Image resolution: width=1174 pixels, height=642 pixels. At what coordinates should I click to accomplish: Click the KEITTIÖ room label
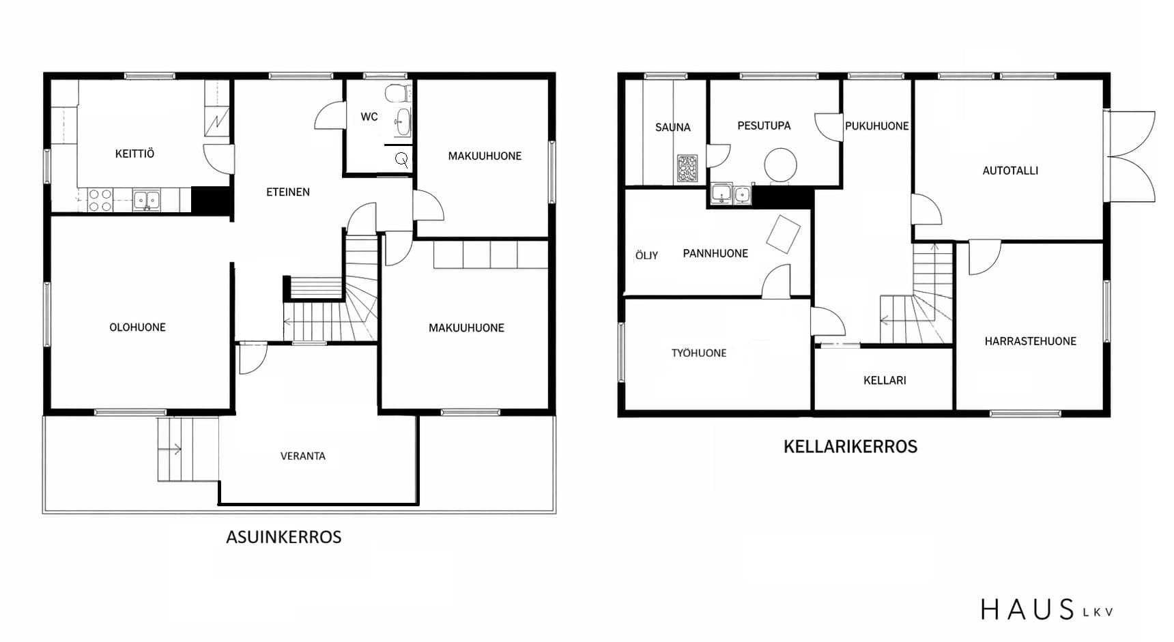tap(134, 154)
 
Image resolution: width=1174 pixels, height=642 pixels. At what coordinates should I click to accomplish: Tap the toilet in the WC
tap(397, 93)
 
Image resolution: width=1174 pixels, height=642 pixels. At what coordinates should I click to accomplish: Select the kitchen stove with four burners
tap(100, 201)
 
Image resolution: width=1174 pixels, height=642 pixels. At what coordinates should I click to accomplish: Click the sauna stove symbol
tap(687, 169)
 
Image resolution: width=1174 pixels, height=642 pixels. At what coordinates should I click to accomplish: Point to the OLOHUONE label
tap(137, 327)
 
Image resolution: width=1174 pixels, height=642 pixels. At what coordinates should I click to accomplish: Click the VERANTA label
tap(302, 456)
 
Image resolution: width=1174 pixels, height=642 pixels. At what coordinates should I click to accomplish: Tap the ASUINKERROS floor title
tap(284, 537)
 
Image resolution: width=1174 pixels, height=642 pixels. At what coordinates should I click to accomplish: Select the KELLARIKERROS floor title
tap(850, 447)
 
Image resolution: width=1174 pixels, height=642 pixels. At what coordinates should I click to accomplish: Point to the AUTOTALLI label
tap(1010, 171)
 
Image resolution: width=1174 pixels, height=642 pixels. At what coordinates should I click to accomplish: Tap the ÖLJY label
tap(646, 255)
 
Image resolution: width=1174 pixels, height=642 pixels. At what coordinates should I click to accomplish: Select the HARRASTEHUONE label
tap(1030, 341)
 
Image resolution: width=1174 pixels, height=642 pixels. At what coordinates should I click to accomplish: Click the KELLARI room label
tap(885, 380)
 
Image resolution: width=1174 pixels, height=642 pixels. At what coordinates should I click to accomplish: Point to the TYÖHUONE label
tap(699, 353)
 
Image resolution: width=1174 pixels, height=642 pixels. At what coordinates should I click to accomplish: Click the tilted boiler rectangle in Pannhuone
tap(783, 234)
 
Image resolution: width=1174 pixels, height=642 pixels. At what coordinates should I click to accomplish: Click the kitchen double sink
tap(147, 200)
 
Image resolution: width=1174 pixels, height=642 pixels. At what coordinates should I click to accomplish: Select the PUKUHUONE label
tap(877, 126)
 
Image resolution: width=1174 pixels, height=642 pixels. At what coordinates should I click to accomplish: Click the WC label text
tap(369, 117)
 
